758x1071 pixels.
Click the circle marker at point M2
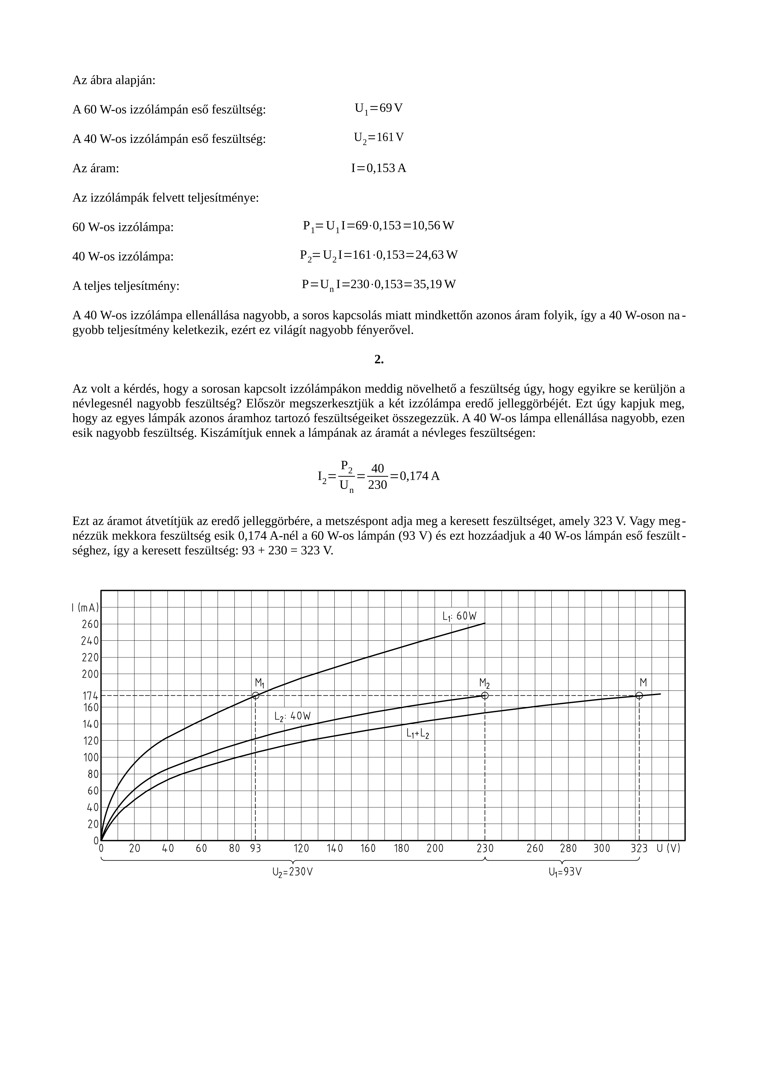(485, 695)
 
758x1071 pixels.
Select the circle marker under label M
(639, 695)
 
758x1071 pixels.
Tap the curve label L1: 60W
(460, 617)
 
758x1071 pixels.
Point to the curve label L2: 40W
(293, 716)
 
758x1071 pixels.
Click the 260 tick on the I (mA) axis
(90, 624)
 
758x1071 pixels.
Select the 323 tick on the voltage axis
(639, 848)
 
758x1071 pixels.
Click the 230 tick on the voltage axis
(485, 848)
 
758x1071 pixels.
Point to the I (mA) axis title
(85, 607)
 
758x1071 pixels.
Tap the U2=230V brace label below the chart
(293, 872)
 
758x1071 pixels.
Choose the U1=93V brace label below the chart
(565, 872)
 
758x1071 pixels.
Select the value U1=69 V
(378, 109)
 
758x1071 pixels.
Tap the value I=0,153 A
(378, 168)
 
